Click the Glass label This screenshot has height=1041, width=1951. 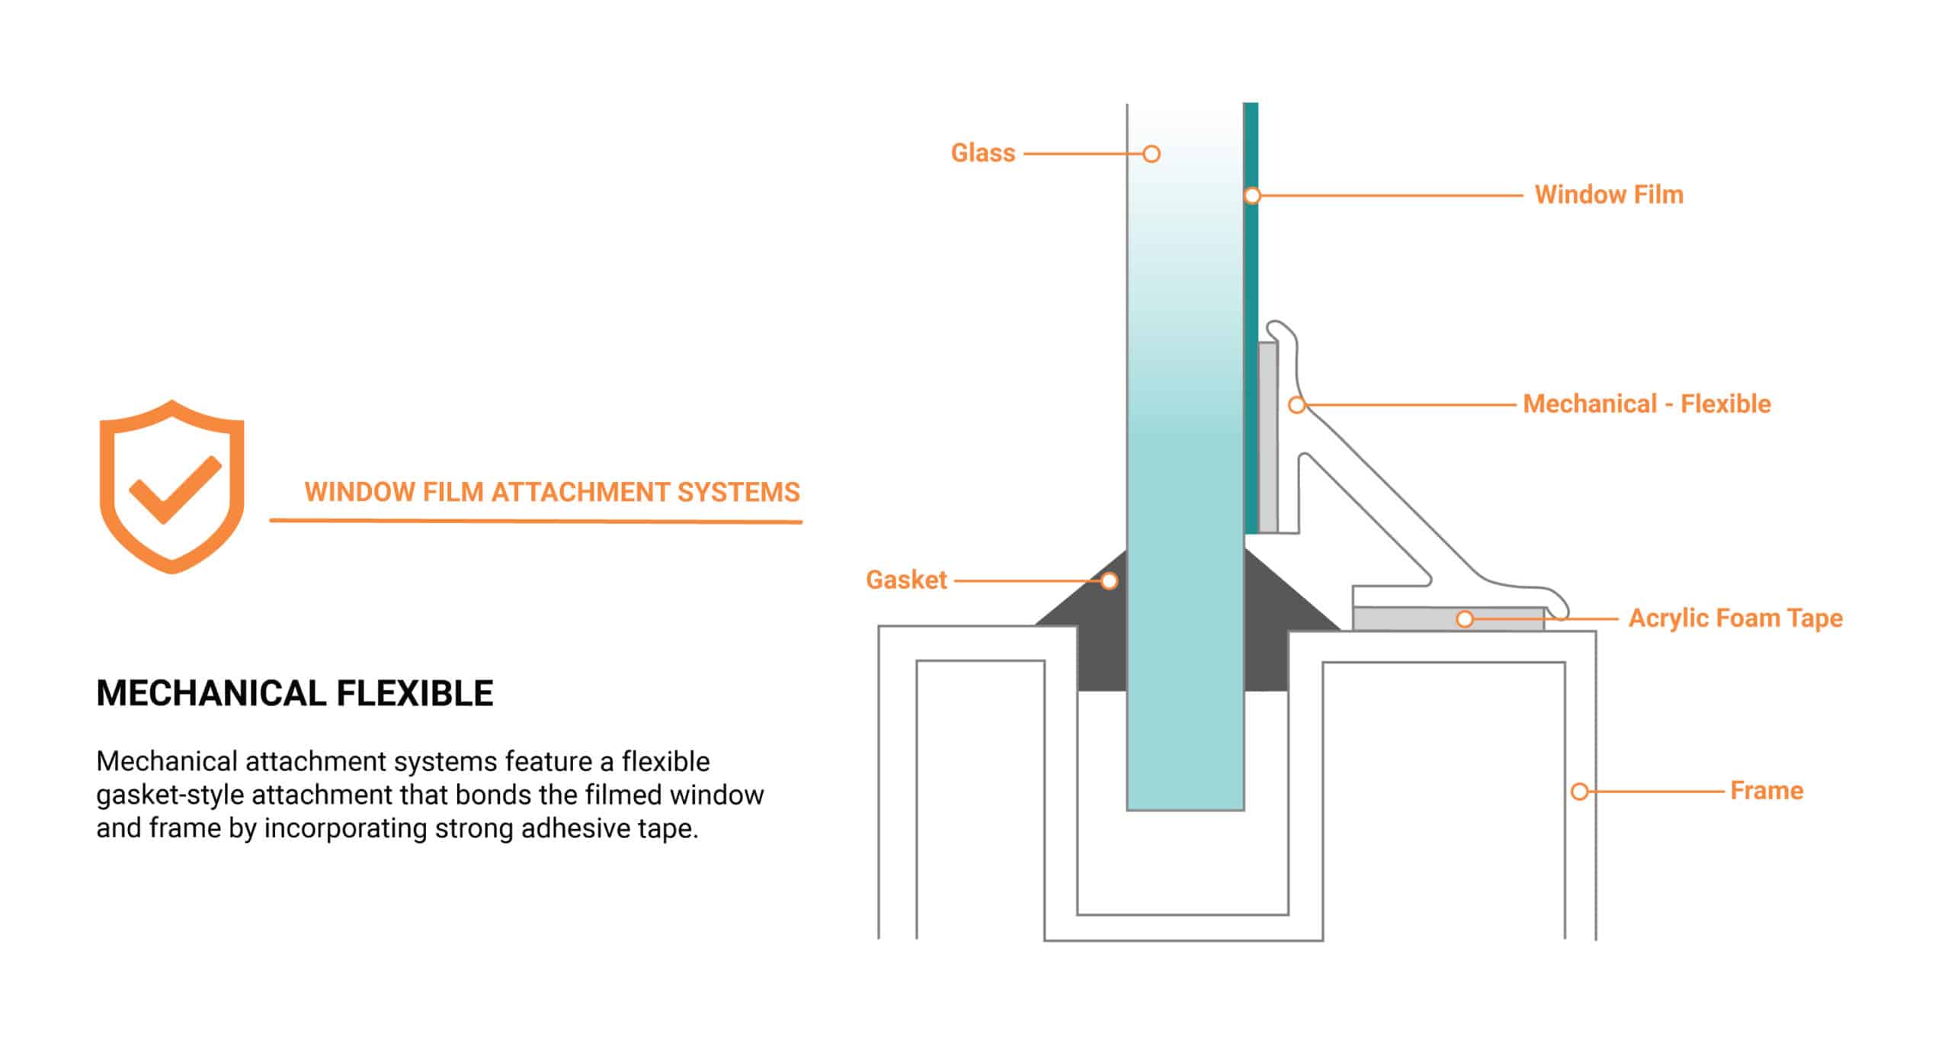click(x=982, y=153)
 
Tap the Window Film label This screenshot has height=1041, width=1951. click(x=1608, y=195)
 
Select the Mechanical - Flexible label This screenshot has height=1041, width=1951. click(x=1646, y=404)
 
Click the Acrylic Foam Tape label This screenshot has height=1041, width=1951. click(x=1735, y=618)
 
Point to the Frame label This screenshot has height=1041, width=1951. click(x=1766, y=791)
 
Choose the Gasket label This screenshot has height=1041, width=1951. click(x=906, y=580)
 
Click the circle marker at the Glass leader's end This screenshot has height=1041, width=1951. click(x=1152, y=154)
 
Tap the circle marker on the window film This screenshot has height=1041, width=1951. click(x=1252, y=196)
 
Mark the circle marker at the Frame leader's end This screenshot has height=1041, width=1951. click(x=1580, y=792)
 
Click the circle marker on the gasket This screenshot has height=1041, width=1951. click(x=1110, y=581)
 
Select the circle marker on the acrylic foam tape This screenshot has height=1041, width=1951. click(x=1465, y=619)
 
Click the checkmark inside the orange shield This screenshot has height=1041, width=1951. click(x=175, y=489)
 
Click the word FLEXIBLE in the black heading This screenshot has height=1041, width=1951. click(x=415, y=694)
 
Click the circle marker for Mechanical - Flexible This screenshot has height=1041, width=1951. click(x=1296, y=405)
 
